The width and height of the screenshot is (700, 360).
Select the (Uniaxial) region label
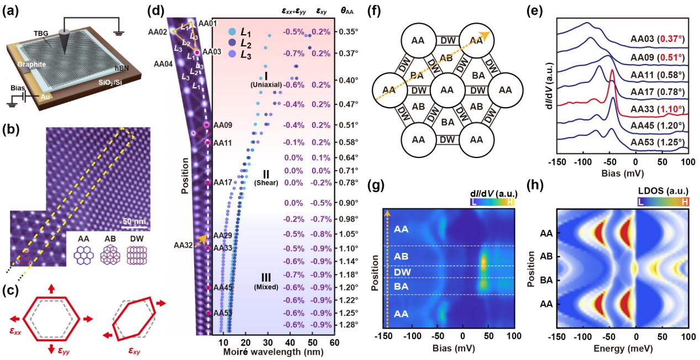point(266,84)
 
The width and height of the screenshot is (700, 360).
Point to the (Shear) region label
point(266,182)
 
